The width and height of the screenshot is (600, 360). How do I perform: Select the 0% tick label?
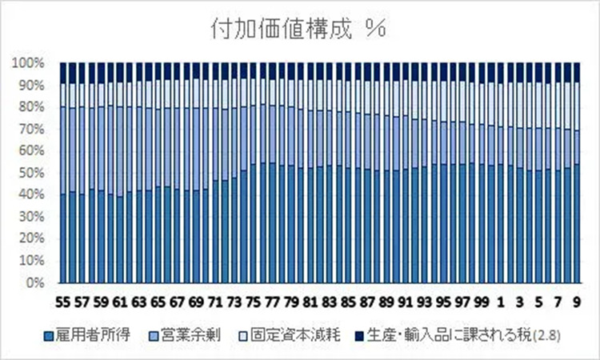pos(35,282)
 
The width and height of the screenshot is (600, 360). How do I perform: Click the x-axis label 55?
pos(64,302)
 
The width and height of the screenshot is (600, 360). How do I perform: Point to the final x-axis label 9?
pos(577,302)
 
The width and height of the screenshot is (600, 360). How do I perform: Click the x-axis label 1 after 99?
pos(501,302)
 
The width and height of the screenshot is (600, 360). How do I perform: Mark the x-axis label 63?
pos(140,302)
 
